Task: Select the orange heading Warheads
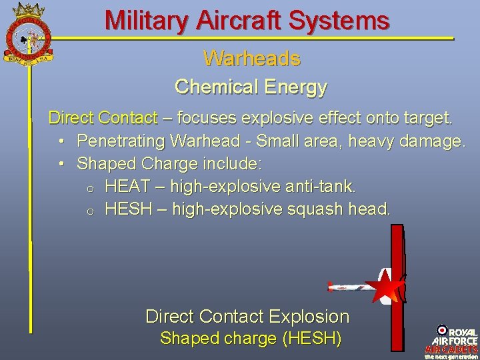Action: [x=251, y=59]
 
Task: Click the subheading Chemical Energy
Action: [x=251, y=87]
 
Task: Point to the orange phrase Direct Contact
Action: [x=103, y=119]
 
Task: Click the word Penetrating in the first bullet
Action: [x=121, y=141]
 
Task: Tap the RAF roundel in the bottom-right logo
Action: [x=442, y=330]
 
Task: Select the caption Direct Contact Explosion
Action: [x=247, y=316]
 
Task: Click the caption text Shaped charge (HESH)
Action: [x=251, y=339]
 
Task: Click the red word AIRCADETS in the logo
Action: [x=451, y=349]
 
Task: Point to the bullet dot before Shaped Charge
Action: [x=61, y=163]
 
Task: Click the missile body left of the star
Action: [x=350, y=287]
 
